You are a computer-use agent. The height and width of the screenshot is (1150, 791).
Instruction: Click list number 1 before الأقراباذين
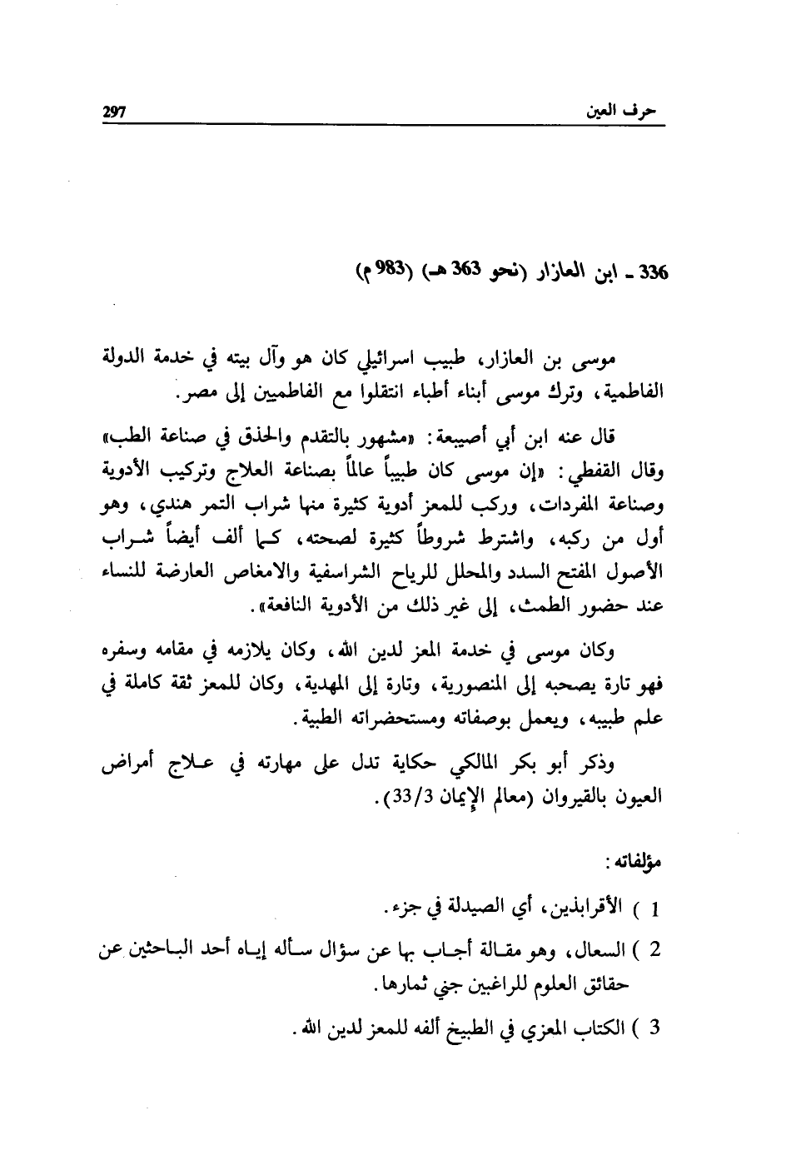pyautogui.click(x=654, y=908)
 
